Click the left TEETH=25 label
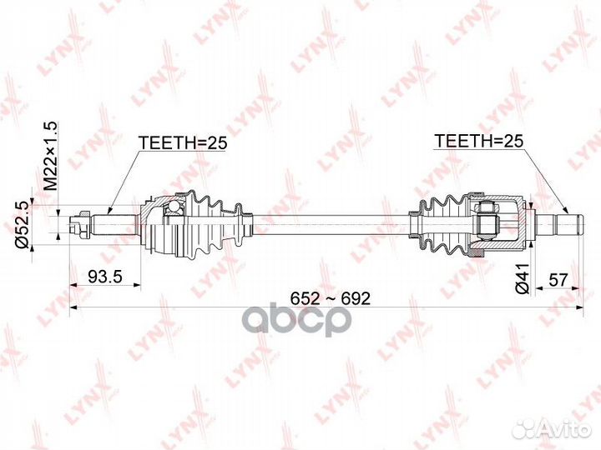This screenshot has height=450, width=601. (182, 142)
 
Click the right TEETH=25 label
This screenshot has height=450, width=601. (477, 142)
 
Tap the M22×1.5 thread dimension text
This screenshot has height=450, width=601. (49, 154)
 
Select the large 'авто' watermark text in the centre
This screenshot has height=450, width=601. (300, 320)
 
